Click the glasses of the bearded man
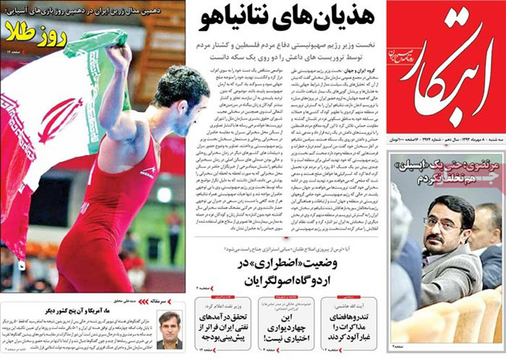[x=442, y=223]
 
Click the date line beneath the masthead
[x=445, y=142]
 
